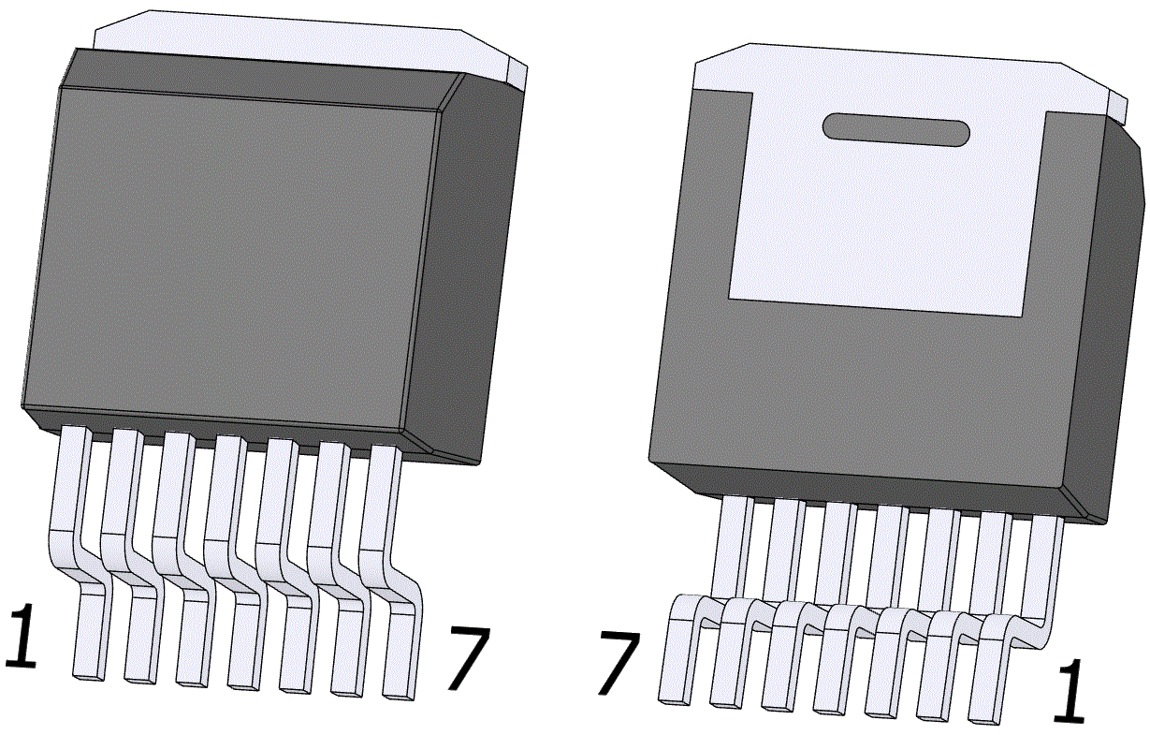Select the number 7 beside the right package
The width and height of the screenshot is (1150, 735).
coord(619,664)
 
